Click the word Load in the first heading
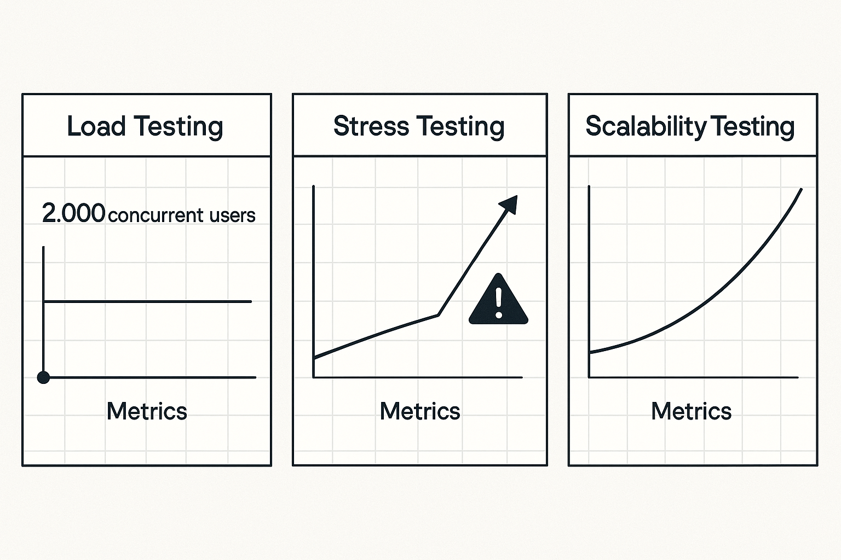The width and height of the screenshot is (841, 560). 96,126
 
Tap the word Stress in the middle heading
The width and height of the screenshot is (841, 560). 371,126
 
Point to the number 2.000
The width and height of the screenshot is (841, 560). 73,213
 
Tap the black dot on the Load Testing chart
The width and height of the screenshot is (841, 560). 43,377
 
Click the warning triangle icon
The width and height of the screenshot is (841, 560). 498,301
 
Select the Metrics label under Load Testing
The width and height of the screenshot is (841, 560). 147,411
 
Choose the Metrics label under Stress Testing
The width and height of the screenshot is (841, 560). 420,411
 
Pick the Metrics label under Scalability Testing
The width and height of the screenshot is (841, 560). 691,411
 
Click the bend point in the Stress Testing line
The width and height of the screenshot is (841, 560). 439,314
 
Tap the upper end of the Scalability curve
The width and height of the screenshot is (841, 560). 801,190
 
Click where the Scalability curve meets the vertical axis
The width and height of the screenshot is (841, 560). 590,353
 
